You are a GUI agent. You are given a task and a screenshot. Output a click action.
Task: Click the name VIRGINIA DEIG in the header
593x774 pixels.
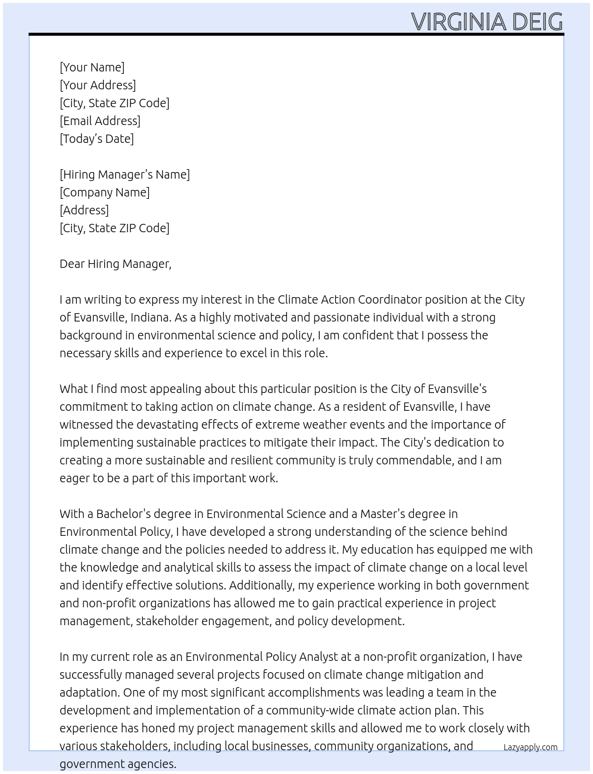[486, 22]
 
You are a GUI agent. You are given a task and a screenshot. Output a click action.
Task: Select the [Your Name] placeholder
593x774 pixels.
[92, 67]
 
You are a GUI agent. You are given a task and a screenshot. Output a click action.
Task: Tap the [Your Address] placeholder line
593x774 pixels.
[98, 85]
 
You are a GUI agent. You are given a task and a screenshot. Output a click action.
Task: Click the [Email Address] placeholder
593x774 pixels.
[100, 121]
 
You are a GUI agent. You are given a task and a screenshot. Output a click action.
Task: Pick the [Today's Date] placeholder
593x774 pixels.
[96, 139]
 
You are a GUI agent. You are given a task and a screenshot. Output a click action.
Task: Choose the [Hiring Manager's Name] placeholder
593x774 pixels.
[124, 174]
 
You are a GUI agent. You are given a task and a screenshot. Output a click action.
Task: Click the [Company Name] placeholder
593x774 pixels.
[104, 192]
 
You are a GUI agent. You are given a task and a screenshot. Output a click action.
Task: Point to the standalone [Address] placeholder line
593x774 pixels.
[84, 210]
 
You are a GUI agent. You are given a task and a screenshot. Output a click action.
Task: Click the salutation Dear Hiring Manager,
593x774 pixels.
[115, 264]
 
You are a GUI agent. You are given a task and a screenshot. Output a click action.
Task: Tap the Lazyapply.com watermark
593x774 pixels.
[530, 747]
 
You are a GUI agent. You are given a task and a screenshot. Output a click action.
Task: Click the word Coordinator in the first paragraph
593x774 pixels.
[386, 299]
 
